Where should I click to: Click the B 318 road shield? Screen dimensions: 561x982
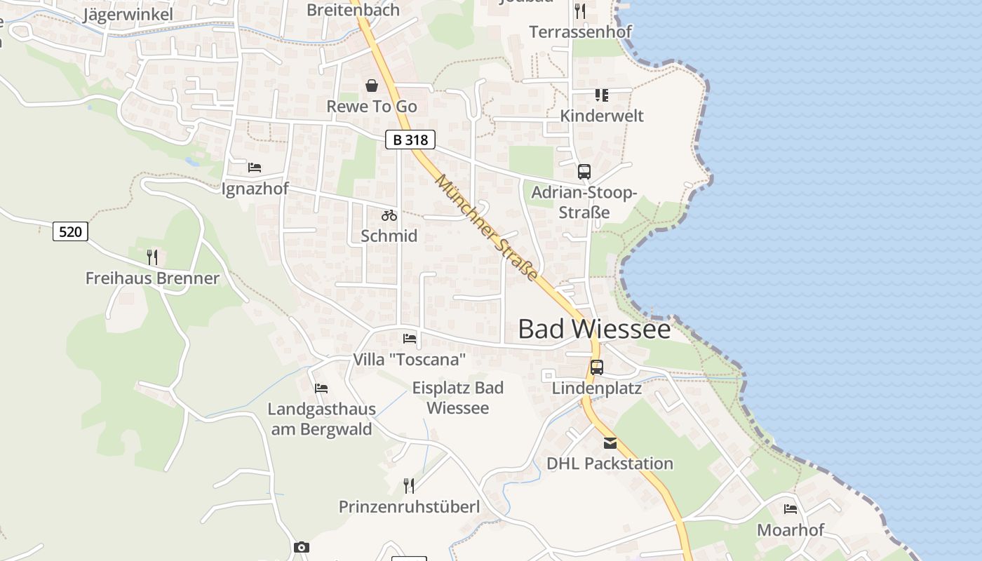click(410, 140)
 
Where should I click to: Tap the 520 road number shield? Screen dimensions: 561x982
click(70, 231)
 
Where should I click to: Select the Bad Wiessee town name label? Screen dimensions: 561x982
click(594, 329)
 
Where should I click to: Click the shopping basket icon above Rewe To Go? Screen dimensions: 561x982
click(372, 86)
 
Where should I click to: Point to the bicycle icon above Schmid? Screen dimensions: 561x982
click(389, 215)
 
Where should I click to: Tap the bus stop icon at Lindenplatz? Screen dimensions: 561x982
click(597, 367)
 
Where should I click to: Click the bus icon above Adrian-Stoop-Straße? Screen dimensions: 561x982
click(584, 172)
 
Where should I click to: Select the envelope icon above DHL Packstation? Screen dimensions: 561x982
click(610, 443)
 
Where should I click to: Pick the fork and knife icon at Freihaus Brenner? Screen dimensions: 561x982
click(152, 257)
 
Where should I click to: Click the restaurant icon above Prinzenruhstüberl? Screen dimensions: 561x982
click(409, 485)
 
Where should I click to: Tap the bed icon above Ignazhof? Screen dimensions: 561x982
click(255, 168)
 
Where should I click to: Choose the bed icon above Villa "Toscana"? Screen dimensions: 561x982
click(410, 339)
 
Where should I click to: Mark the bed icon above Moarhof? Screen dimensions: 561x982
click(791, 509)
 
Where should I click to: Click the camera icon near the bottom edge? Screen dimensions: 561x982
click(302, 547)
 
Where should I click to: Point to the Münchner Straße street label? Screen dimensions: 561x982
click(487, 228)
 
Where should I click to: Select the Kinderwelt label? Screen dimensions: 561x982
click(601, 116)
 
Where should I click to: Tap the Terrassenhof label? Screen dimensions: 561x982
click(580, 32)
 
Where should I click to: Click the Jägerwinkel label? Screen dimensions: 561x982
click(128, 15)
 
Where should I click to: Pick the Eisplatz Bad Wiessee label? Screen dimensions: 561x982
click(458, 398)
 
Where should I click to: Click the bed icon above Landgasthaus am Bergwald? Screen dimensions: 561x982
click(321, 388)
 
